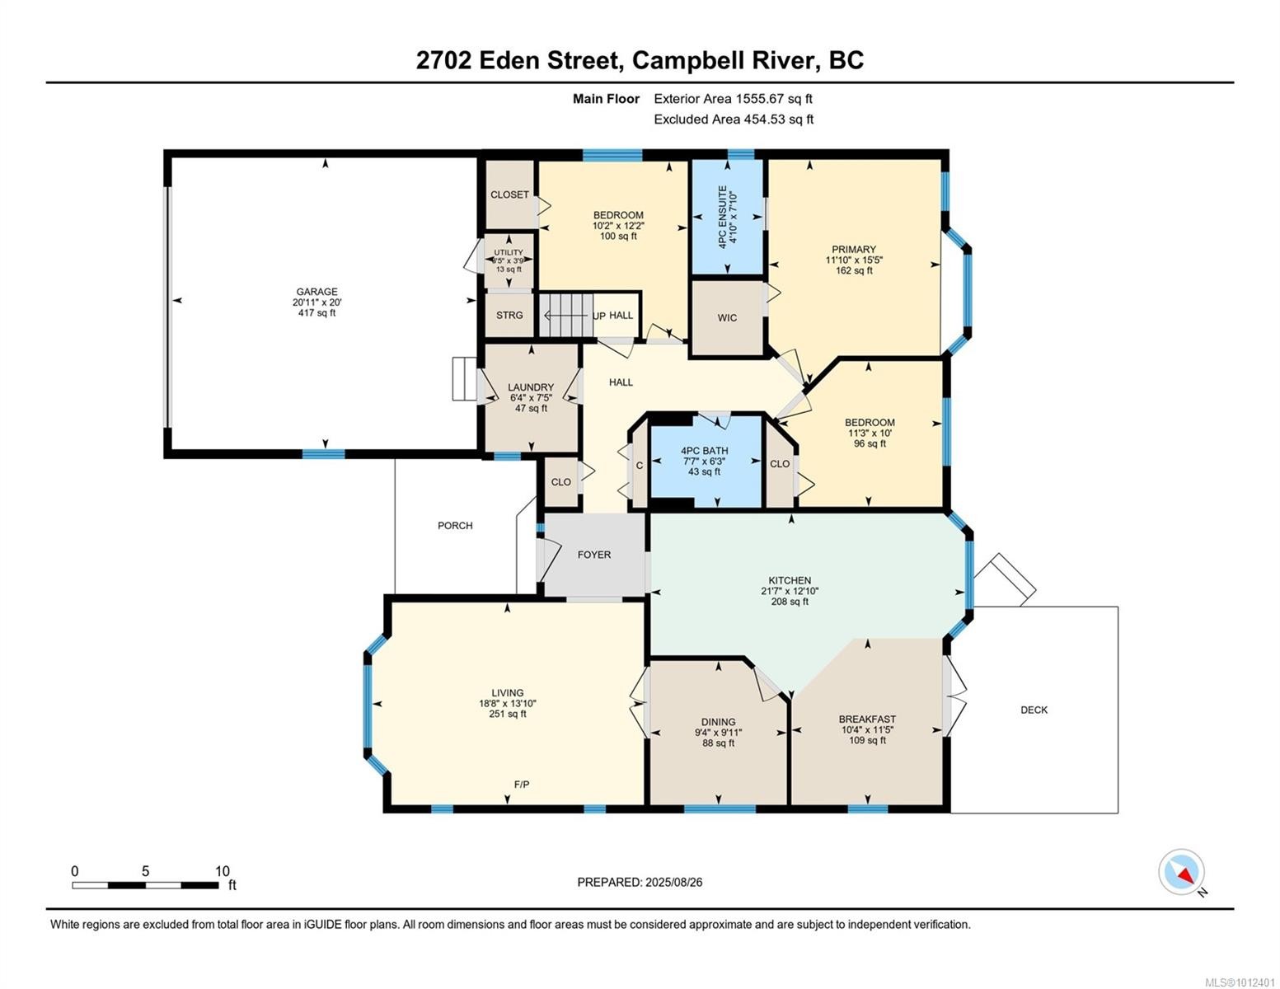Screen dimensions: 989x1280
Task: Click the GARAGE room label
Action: [316, 292]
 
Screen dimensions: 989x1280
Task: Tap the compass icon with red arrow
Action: [1181, 872]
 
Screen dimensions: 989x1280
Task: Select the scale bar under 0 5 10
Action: [145, 885]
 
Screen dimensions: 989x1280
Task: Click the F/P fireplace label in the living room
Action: [522, 785]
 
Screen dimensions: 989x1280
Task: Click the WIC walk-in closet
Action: [727, 318]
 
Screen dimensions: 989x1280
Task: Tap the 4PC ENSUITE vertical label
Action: [723, 218]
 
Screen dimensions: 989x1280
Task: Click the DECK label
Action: [1034, 710]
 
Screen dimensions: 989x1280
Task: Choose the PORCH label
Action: [455, 526]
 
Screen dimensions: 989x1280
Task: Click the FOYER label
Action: [593, 555]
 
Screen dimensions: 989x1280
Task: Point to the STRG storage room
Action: [509, 315]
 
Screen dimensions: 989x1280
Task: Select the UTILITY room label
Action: [509, 253]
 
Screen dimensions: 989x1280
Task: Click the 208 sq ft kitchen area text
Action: [789, 602]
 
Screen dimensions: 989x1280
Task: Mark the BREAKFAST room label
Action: [867, 719]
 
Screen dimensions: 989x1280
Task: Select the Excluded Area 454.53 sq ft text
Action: [733, 120]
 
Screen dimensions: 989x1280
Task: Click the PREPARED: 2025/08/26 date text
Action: [640, 882]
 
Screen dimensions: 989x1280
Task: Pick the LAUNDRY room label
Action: [531, 387]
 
